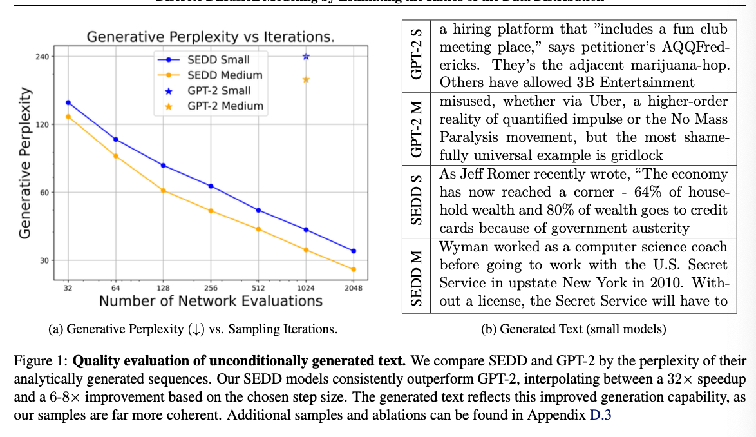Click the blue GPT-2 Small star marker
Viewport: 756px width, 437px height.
(x=306, y=57)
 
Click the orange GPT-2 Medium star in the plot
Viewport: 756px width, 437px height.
(x=306, y=79)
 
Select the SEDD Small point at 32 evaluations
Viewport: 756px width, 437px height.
(x=68, y=102)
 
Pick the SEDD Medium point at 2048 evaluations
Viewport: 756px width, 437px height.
(x=353, y=269)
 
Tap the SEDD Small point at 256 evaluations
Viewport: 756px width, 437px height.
(x=211, y=186)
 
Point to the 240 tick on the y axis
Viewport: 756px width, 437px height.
(x=43, y=57)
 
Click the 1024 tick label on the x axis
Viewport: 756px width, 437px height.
(x=305, y=288)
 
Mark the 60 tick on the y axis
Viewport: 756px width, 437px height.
(x=44, y=193)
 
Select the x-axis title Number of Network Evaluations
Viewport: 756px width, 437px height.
(x=211, y=301)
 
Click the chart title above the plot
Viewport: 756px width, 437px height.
(x=211, y=37)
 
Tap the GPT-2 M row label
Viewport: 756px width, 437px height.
(x=417, y=128)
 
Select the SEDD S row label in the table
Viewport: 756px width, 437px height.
(x=417, y=200)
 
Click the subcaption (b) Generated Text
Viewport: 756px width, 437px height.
(x=573, y=329)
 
